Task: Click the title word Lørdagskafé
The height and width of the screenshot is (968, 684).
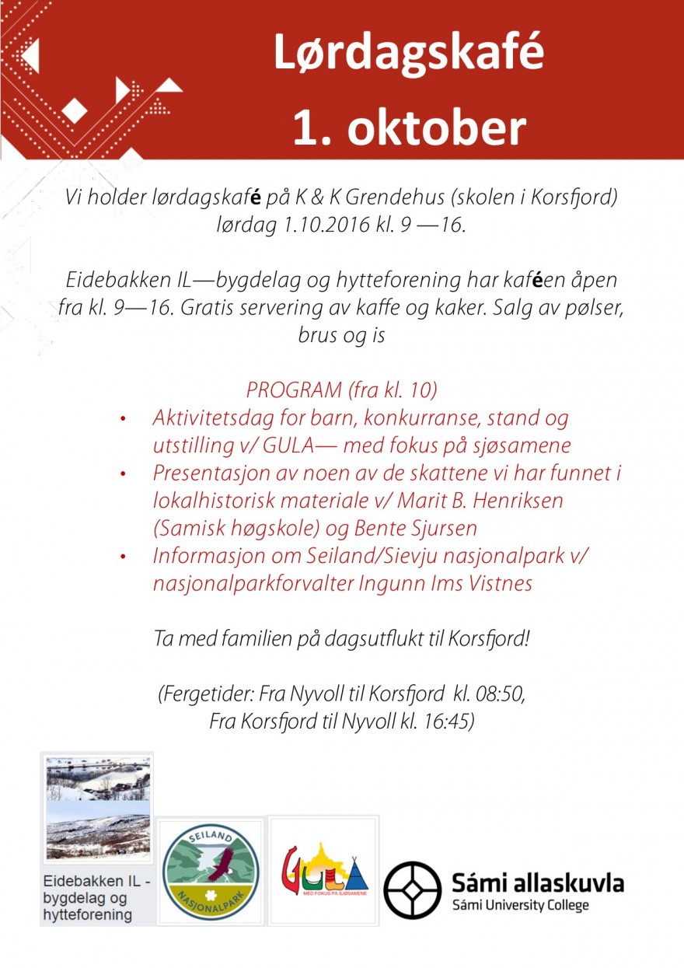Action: pos(408,54)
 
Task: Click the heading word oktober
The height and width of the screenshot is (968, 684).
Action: pos(436,128)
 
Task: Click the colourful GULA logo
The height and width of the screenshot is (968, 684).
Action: pos(323,871)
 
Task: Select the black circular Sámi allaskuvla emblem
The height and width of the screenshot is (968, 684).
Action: pos(412,890)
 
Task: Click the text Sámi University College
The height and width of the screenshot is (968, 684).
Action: pos(520,905)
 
